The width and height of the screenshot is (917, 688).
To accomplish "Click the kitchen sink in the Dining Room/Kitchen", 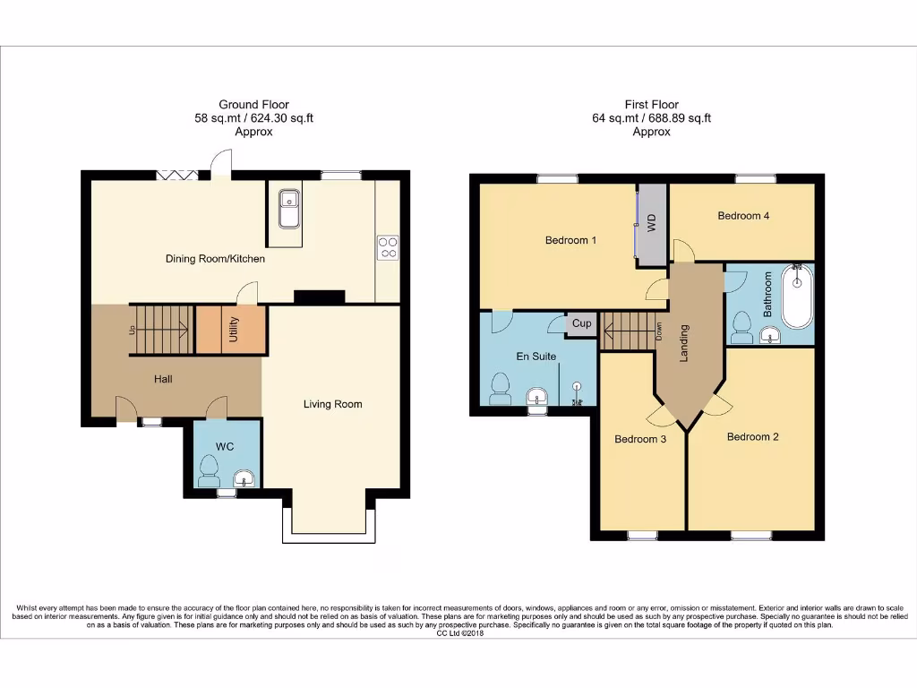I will (289, 209).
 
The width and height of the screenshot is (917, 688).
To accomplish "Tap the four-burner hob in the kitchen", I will (388, 246).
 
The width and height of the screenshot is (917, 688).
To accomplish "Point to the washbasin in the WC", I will (243, 480).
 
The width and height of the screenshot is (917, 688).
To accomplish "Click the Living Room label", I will (332, 404).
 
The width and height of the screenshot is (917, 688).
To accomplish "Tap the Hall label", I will (163, 379).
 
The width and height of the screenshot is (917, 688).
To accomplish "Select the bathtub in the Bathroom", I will (796, 296).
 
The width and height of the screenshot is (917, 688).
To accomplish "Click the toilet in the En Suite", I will (501, 388).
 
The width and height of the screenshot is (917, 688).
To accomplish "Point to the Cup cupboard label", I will (581, 323).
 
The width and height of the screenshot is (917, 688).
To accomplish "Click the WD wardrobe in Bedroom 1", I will (652, 224).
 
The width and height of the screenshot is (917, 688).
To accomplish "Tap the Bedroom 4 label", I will (743, 216).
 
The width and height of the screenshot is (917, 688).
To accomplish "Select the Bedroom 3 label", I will (640, 439).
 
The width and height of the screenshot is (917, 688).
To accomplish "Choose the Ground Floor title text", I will (253, 105).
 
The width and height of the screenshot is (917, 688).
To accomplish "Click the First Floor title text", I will (651, 105).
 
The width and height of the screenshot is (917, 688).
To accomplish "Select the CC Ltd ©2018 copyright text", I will (459, 633).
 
